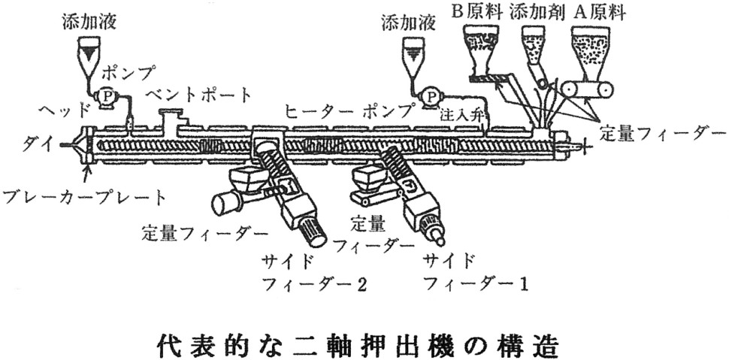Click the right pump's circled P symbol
(x=431, y=95)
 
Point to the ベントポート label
(x=199, y=95)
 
